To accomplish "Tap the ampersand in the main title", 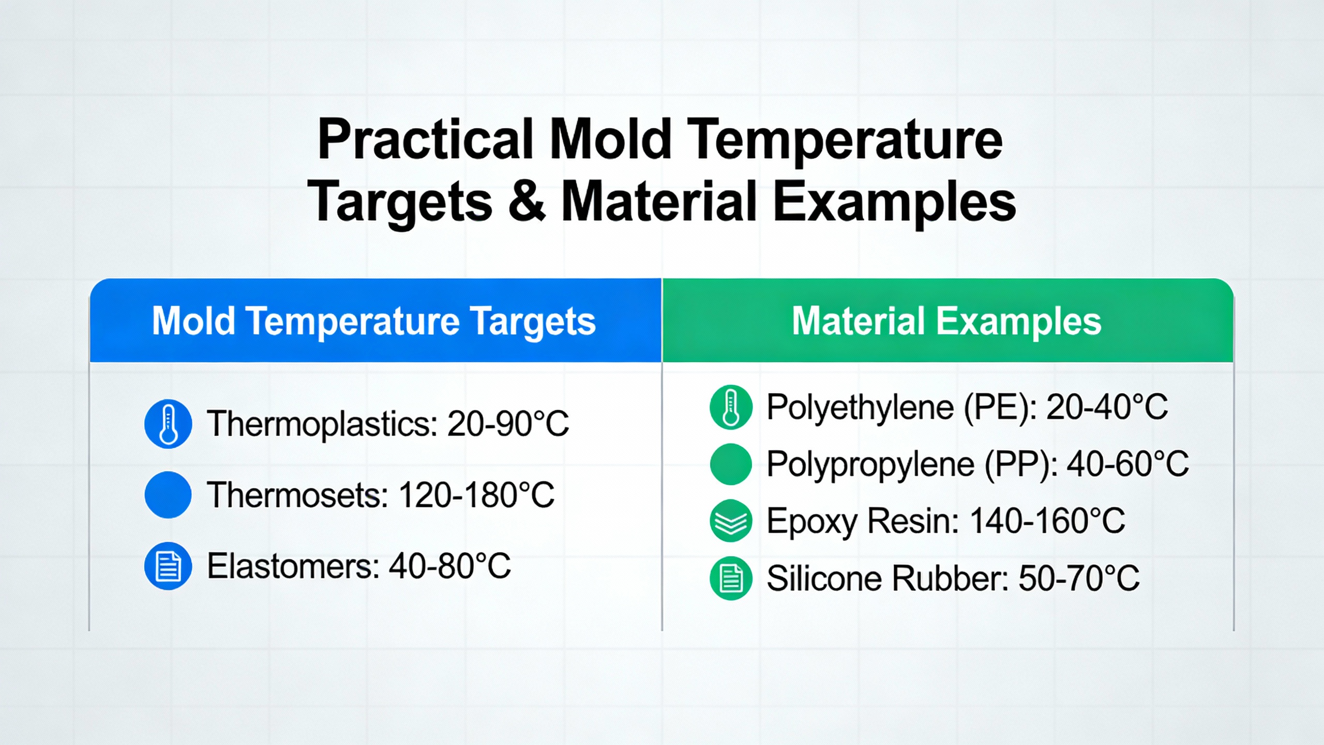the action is click(527, 202).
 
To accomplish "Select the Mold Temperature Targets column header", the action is click(373, 321).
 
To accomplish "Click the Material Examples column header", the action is click(946, 321).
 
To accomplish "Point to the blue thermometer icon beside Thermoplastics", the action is click(168, 424).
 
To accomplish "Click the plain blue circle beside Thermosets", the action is click(168, 495).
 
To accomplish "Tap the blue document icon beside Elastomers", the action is click(168, 566).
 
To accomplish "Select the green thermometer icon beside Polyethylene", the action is click(731, 407).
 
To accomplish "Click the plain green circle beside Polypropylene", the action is click(731, 464).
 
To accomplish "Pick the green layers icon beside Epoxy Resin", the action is click(731, 521).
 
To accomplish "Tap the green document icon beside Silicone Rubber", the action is click(731, 578).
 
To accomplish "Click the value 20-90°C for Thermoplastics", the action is click(508, 424).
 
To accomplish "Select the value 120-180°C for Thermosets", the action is click(476, 495).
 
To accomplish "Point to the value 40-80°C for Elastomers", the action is click(450, 566).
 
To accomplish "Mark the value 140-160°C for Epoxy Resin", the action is click(1047, 521).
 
